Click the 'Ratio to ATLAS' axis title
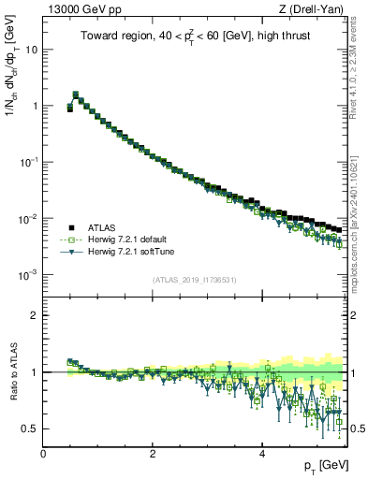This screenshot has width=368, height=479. [13, 372]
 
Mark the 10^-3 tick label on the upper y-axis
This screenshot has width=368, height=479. [29, 275]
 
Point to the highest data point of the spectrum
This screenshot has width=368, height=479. [76, 94]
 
